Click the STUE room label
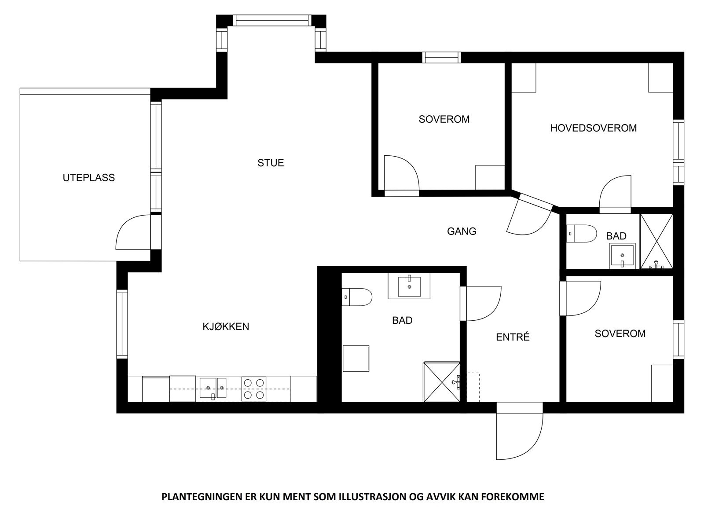(271, 163)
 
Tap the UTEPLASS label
(88, 178)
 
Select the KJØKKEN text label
(226, 326)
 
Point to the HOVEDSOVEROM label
(594, 128)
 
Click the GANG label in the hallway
(462, 231)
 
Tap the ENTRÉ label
(513, 337)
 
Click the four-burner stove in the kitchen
(254, 389)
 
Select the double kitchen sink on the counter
(213, 388)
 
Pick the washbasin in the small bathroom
(622, 256)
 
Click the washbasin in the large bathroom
(409, 286)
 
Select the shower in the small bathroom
(656, 241)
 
